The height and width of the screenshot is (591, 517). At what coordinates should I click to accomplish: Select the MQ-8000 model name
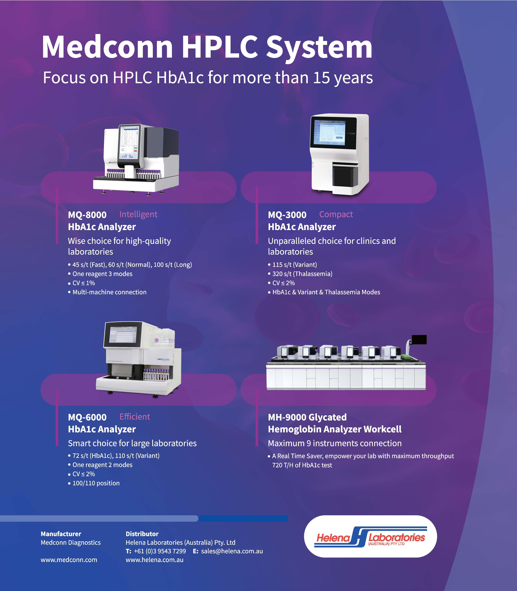click(x=87, y=215)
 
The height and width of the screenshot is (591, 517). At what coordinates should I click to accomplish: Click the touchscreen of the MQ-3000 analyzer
click(x=328, y=133)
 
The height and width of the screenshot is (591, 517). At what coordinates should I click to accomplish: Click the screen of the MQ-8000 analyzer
click(x=129, y=142)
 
